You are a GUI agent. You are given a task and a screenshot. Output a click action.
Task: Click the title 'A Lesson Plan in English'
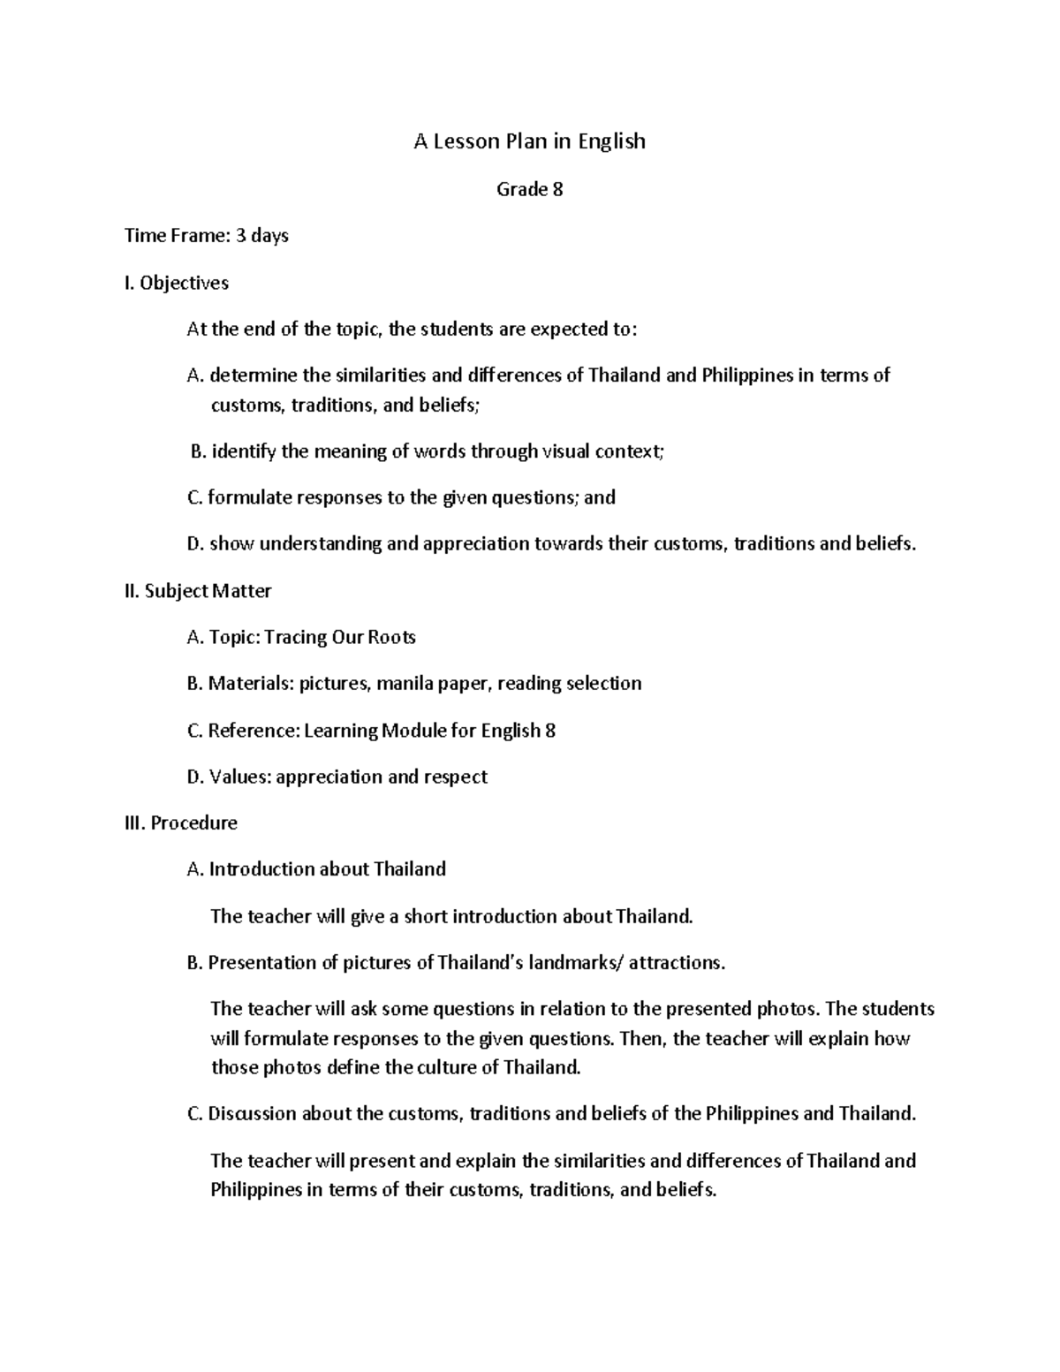[529, 141]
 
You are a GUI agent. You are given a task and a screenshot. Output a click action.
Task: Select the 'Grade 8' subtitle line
[529, 189]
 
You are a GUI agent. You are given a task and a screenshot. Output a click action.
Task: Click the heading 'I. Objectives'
[177, 283]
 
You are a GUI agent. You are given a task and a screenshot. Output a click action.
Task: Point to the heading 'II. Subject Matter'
[198, 591]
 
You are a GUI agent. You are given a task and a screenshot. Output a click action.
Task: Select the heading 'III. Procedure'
[181, 822]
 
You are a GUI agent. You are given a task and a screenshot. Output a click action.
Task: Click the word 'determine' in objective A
[253, 375]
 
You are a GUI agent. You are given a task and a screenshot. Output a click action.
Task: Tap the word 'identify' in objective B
[243, 452]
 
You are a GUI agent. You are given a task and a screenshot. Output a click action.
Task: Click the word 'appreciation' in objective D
[476, 544]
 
